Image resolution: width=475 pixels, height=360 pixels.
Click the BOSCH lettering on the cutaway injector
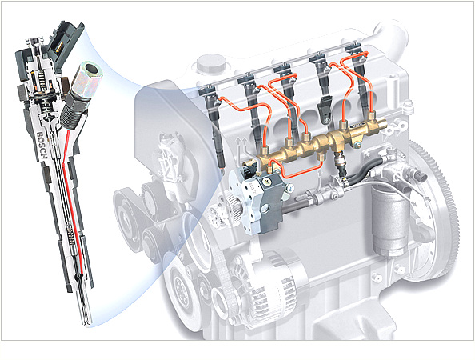tap(42, 146)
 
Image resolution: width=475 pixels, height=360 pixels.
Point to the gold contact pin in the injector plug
tap(60, 45)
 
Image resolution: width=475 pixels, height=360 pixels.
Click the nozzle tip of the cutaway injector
tap(87, 322)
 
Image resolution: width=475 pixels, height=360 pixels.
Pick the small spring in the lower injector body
tap(71, 234)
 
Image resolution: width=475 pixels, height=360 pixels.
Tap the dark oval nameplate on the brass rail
tap(357, 126)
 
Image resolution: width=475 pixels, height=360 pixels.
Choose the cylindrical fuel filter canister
tap(390, 222)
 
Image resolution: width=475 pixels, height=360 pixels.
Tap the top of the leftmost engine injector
tap(208, 90)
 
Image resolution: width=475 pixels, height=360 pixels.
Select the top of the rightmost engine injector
tap(353, 49)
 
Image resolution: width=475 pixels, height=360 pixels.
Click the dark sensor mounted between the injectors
tap(324, 109)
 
